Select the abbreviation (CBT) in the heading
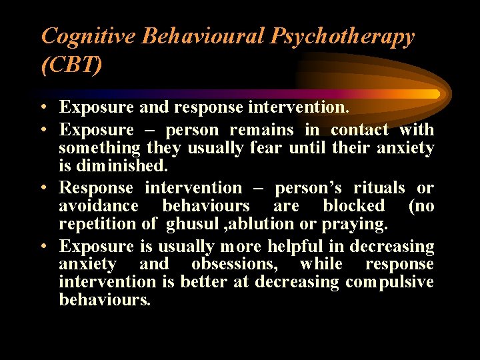pos(72,65)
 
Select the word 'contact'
pos(359,130)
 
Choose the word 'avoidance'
pos(98,206)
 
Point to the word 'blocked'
pos(353,206)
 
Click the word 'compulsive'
pos(389,282)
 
